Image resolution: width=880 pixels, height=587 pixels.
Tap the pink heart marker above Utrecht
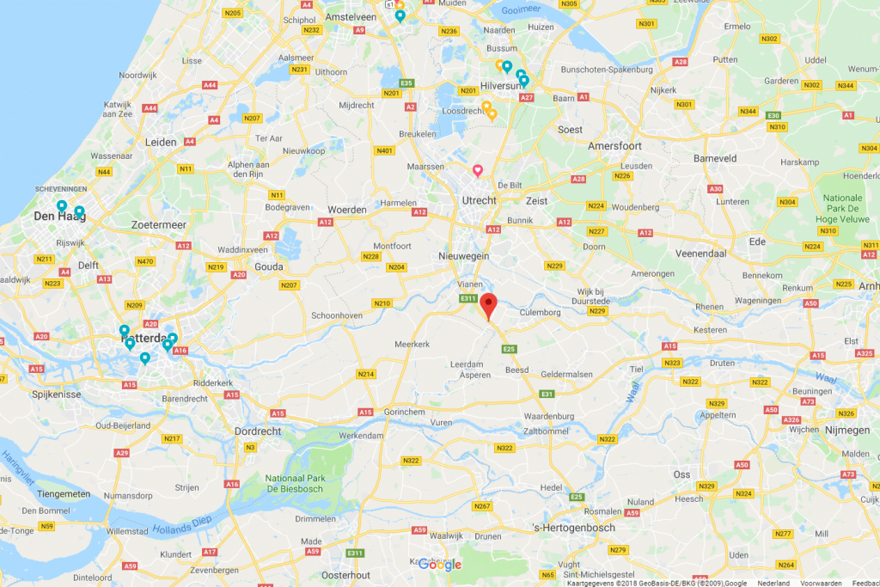tap(479, 170)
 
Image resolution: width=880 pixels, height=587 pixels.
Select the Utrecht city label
tap(479, 200)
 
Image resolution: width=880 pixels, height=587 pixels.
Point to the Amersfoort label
tap(616, 146)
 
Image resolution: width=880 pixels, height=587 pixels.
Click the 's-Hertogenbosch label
tap(573, 527)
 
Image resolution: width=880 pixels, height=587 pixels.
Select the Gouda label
tap(269, 267)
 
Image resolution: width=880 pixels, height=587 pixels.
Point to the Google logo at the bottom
tap(439, 564)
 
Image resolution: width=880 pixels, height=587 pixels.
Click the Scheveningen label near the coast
tap(58, 189)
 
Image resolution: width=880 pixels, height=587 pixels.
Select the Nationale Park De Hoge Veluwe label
tap(843, 208)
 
